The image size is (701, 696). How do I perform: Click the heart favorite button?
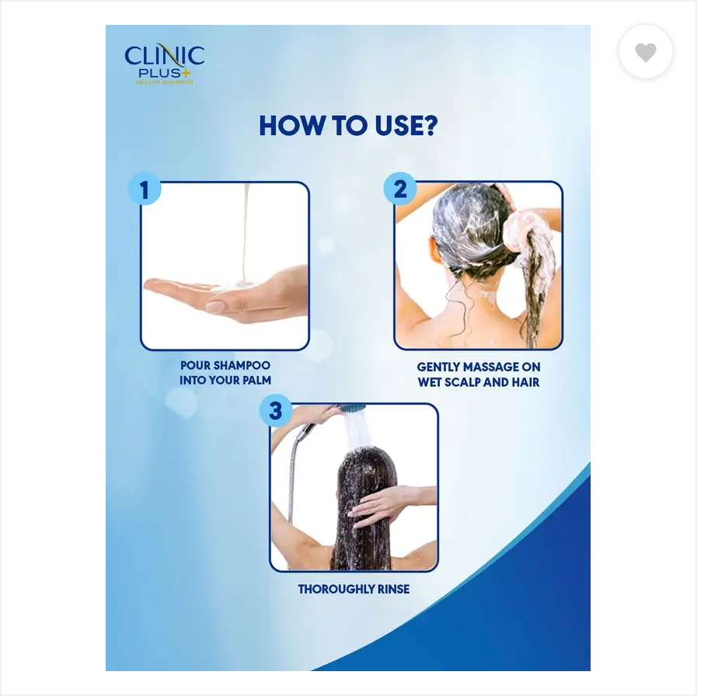pos(645,52)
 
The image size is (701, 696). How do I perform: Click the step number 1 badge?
pos(145,190)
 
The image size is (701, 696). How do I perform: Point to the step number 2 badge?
pos(399,190)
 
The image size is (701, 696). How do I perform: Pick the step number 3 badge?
pos(275,411)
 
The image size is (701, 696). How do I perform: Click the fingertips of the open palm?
pos(155,286)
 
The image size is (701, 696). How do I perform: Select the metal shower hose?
pos(293,474)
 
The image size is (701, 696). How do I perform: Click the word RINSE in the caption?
pos(392,589)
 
